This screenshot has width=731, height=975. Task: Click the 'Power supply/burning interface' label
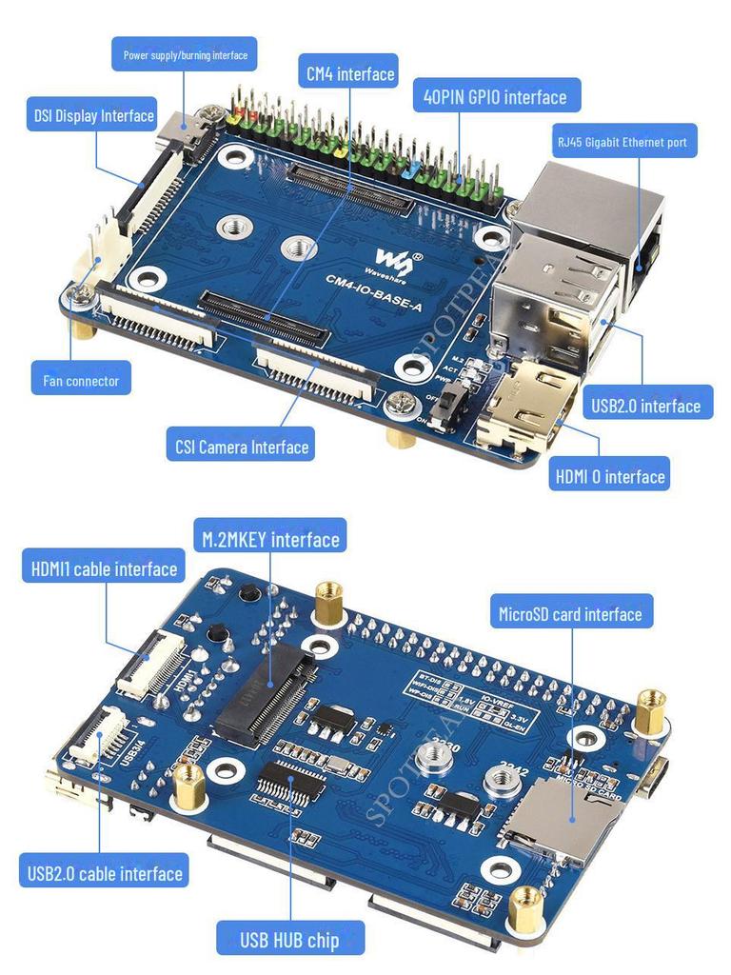click(185, 55)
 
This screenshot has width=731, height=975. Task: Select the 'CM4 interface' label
click(349, 73)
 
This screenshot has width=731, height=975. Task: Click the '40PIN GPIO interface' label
click(495, 96)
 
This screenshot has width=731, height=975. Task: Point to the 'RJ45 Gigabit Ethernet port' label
click(623, 142)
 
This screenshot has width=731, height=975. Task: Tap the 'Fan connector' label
click(81, 381)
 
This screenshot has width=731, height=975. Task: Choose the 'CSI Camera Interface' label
click(242, 446)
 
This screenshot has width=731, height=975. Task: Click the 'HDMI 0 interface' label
click(609, 474)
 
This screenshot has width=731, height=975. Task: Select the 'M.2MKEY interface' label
click(270, 540)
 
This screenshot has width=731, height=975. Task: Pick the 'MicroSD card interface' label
click(570, 614)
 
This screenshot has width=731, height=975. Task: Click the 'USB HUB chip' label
click(289, 940)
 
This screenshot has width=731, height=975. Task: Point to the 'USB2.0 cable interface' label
click(105, 872)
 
